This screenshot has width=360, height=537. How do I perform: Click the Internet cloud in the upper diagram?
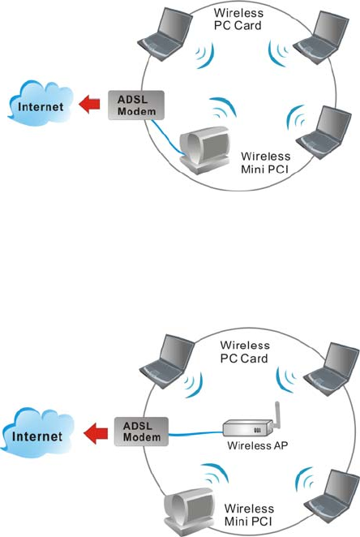click(x=41, y=104)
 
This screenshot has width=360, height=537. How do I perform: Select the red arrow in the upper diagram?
click(x=89, y=104)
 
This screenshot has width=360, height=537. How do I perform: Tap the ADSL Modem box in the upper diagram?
click(x=136, y=105)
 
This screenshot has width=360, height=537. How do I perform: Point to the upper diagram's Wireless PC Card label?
click(x=238, y=19)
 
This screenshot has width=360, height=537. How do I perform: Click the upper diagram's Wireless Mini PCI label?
click(x=266, y=163)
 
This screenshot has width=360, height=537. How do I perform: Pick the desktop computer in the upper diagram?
click(x=204, y=149)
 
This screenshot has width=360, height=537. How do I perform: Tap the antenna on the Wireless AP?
click(x=277, y=415)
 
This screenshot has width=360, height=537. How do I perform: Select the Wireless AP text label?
click(x=258, y=445)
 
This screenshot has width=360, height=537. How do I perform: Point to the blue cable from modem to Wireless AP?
click(x=195, y=434)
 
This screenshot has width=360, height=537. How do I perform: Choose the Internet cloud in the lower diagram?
click(x=37, y=432)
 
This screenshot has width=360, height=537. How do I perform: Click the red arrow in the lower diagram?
click(x=96, y=433)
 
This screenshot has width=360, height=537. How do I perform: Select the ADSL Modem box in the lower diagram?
click(x=141, y=432)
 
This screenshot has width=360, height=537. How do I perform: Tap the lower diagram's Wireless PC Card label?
click(x=245, y=352)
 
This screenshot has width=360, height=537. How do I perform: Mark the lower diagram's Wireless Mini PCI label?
click(x=249, y=515)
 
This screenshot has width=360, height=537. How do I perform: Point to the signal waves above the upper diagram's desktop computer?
click(x=223, y=107)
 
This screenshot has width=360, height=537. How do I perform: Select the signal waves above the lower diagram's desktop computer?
click(x=215, y=474)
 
